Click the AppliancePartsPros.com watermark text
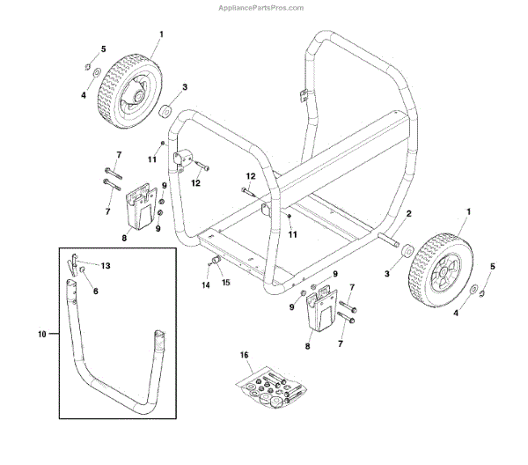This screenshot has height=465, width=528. pyautogui.click(x=263, y=7)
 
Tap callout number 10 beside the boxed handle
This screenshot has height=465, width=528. pyautogui.click(x=43, y=335)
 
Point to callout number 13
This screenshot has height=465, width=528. pyautogui.click(x=106, y=265)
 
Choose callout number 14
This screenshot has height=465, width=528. pyautogui.click(x=206, y=286)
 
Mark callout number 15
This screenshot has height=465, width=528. pyautogui.click(x=225, y=282)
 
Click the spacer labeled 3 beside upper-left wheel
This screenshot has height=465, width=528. pyautogui.click(x=164, y=111)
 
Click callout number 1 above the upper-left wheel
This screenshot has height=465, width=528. pyautogui.click(x=161, y=34)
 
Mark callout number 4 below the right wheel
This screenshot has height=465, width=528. pyautogui.click(x=455, y=311)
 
